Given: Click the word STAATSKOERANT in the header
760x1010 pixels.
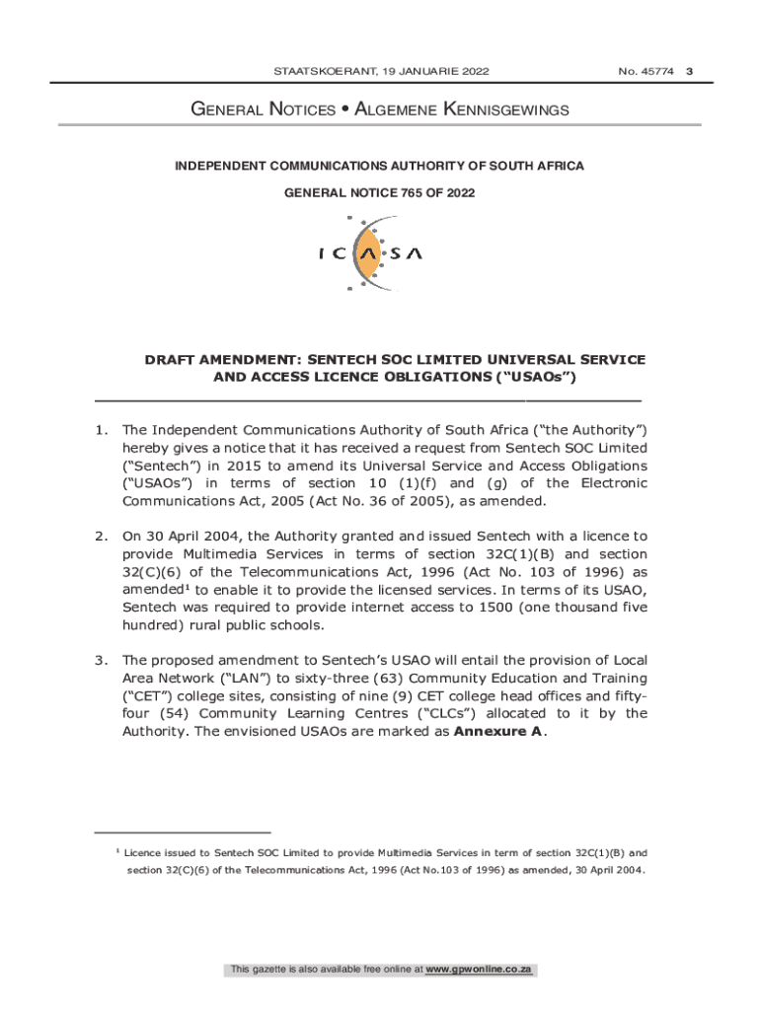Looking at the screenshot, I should click(322, 71).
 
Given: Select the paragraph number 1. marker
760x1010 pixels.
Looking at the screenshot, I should click(101, 430).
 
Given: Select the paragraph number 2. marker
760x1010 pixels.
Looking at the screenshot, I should click(101, 537).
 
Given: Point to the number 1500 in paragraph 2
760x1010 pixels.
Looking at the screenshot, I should click(486, 608).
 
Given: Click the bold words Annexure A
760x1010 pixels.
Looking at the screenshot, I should click(497, 732).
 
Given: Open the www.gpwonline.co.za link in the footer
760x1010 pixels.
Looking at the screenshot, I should click(479, 971).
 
